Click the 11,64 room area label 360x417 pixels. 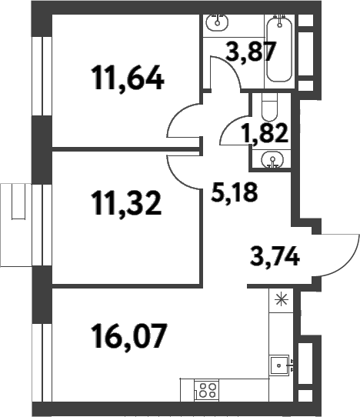(127, 78)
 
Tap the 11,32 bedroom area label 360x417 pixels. (126, 203)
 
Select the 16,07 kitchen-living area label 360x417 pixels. (129, 335)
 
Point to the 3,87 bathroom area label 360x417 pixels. (250, 52)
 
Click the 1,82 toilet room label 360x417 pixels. (265, 133)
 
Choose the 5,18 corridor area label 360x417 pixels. (234, 192)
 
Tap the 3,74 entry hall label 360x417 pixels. (275, 256)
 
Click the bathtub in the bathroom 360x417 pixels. (279, 48)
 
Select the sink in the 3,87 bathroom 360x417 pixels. (218, 22)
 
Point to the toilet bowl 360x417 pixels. (269, 108)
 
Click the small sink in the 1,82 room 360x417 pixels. (272, 160)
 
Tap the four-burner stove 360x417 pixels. (207, 390)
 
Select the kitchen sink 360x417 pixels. (279, 365)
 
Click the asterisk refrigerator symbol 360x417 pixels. (282, 300)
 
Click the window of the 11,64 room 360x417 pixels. (42, 76)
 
